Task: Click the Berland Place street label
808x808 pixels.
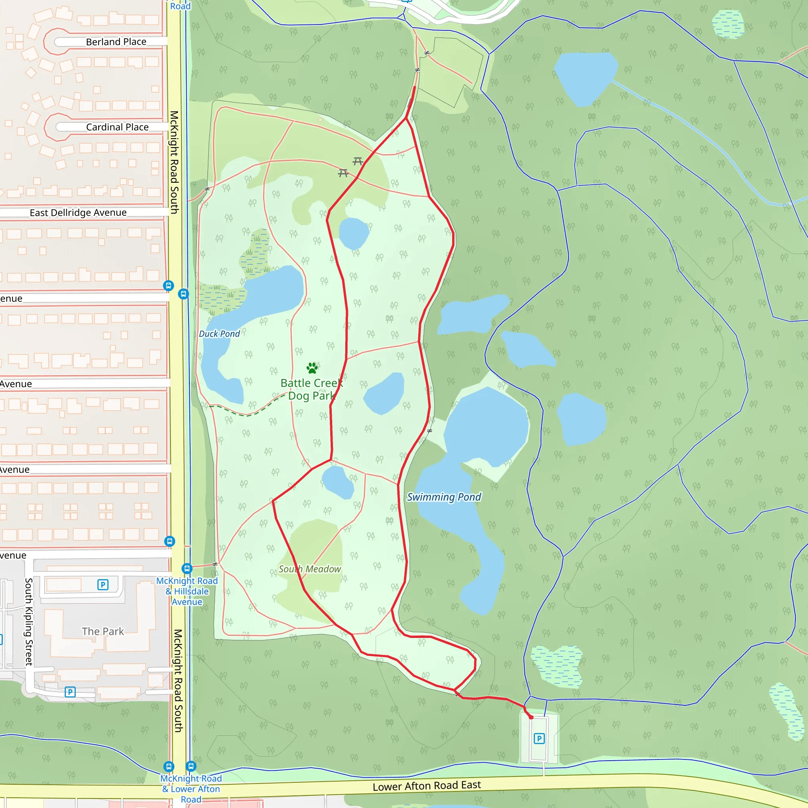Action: pos(116,42)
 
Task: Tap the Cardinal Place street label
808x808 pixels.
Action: pos(117,127)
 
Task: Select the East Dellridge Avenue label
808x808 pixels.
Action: pos(78,213)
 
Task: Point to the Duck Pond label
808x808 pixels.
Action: pos(219,334)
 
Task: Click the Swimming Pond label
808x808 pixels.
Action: pos(444,497)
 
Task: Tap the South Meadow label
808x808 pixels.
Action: pos(309,569)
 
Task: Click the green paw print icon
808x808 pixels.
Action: pos(312,368)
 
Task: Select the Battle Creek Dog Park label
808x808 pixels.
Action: pos(312,389)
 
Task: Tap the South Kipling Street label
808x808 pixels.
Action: pos(29,622)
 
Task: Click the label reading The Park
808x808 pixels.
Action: pos(103,631)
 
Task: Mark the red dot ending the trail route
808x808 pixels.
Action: pos(531,717)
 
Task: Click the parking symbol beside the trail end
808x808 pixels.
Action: pos(539,739)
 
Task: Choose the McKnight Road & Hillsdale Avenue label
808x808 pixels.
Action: pos(187,591)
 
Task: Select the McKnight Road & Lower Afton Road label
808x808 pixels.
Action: pos(191,789)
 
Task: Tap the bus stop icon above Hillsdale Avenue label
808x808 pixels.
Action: pos(187,569)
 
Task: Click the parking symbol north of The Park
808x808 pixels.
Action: pos(103,585)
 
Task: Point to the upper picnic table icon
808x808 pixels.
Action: pos(357,161)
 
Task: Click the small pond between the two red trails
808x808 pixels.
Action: pos(383,393)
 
